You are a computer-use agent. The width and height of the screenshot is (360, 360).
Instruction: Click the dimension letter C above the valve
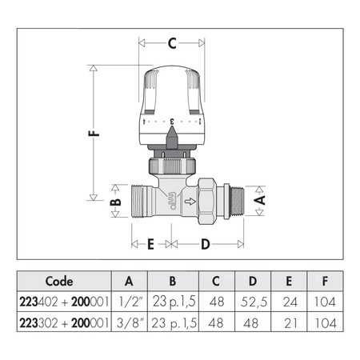pos(172,43)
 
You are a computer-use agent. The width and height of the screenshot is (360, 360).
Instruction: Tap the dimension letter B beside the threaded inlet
pos(115,202)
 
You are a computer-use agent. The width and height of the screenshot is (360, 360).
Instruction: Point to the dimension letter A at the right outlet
pos(260,200)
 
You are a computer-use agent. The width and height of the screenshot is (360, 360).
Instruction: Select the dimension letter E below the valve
pos(151,244)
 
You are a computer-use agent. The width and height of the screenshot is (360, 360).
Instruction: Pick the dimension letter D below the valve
pos(206,244)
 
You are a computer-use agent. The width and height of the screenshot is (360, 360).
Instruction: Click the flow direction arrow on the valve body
pos(190,202)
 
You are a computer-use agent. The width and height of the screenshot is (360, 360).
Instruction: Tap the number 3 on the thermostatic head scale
pos(172,122)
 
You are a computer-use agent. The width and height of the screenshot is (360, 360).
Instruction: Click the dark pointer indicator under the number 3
pos(172,138)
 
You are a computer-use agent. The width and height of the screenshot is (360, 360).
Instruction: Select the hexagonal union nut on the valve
pos(206,202)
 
